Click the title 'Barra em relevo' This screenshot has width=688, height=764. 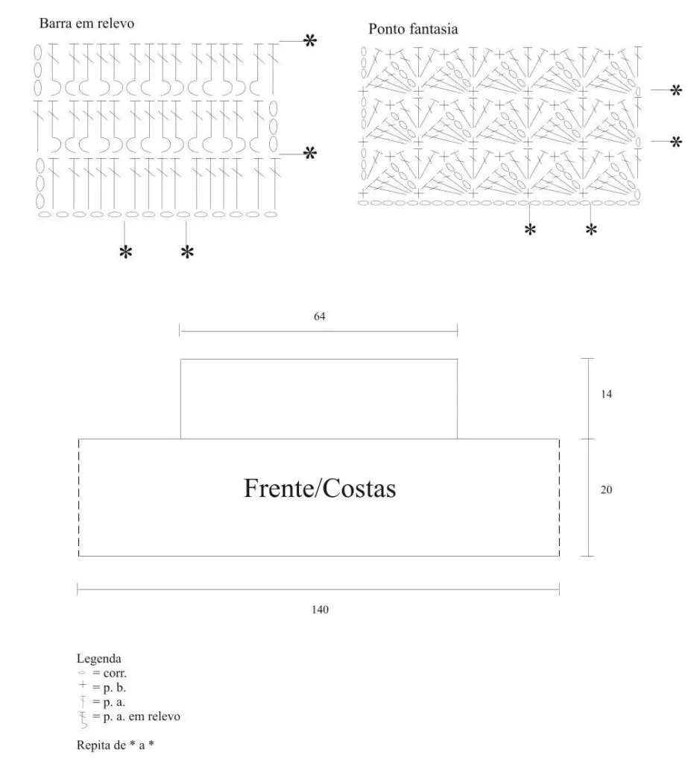click(86, 23)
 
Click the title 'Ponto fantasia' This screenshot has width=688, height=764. click(413, 29)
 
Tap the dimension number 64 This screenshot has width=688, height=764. click(320, 316)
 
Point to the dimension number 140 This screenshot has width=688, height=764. click(320, 610)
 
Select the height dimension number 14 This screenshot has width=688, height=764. click(606, 394)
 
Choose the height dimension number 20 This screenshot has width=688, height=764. click(606, 489)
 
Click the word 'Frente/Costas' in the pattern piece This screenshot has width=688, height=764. click(320, 488)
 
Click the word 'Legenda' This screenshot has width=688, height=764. click(99, 660)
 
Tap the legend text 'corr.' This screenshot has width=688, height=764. click(115, 674)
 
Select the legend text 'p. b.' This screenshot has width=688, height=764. click(115, 688)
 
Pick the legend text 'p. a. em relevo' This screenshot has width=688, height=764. click(142, 717)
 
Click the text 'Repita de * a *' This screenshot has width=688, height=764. click(116, 745)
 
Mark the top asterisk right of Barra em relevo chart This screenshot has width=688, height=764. click(310, 40)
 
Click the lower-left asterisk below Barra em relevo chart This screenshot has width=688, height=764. click(126, 252)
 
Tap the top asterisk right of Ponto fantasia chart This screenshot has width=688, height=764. click(676, 90)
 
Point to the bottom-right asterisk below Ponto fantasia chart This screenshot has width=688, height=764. click(591, 230)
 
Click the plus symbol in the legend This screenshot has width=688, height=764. click(83, 685)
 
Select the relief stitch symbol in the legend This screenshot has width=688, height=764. click(83, 719)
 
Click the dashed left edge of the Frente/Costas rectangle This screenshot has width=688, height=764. click(78, 498)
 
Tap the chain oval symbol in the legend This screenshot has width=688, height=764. click(82, 674)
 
